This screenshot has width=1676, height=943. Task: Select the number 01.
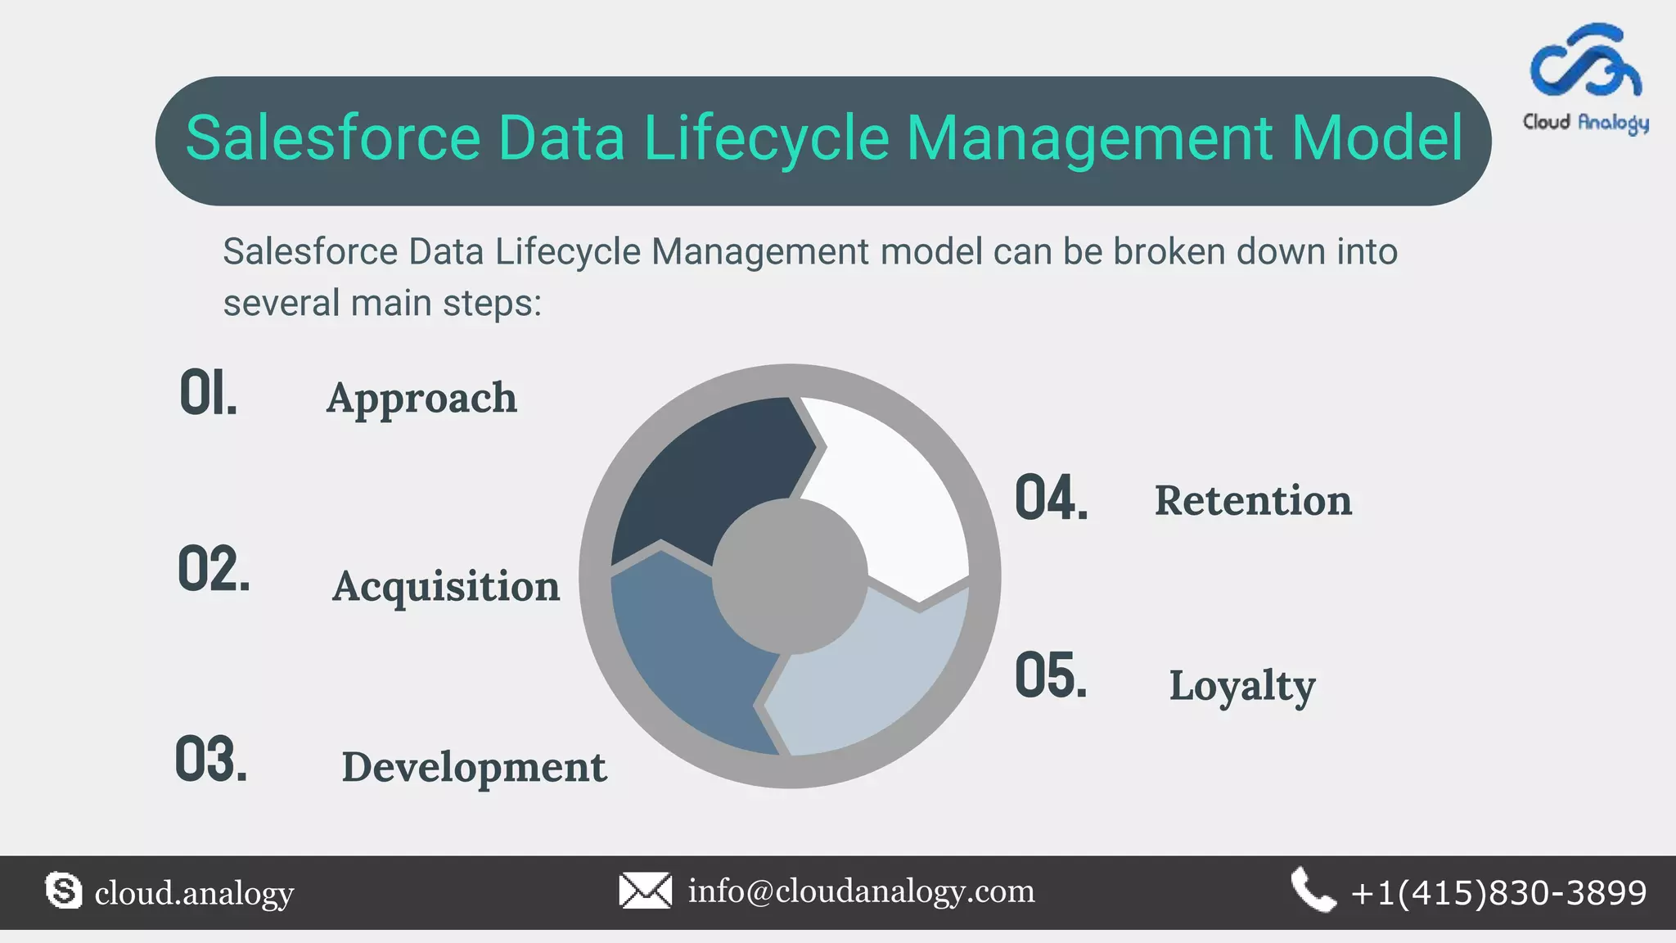pyautogui.click(x=208, y=394)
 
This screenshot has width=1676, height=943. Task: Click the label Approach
pyautogui.click(x=421, y=399)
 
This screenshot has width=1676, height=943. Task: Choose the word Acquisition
pyautogui.click(x=446, y=586)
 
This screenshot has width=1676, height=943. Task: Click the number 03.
pyautogui.click(x=211, y=760)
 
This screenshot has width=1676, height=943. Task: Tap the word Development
pyautogui.click(x=474, y=768)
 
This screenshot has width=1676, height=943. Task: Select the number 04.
pyautogui.click(x=1052, y=498)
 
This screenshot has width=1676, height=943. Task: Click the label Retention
pyautogui.click(x=1253, y=500)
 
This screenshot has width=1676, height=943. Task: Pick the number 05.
pyautogui.click(x=1052, y=676)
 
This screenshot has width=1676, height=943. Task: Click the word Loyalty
pyautogui.click(x=1241, y=686)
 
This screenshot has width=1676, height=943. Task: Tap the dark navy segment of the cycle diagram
pyautogui.click(x=704, y=475)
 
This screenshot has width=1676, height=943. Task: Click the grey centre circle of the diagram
pyautogui.click(x=790, y=577)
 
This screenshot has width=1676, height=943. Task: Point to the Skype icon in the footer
pyautogui.click(x=64, y=891)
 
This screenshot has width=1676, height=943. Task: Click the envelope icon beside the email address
pyautogui.click(x=645, y=891)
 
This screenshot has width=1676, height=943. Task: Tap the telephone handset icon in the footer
pyautogui.click(x=1313, y=891)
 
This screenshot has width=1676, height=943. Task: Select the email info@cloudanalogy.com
pyautogui.click(x=861, y=891)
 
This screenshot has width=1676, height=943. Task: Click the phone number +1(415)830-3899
pyautogui.click(x=1498, y=892)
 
